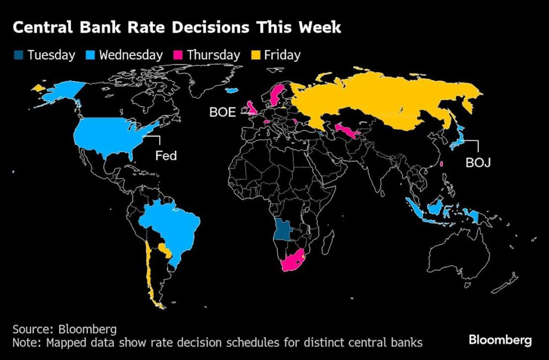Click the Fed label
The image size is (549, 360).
tap(166, 156)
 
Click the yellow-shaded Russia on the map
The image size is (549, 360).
tap(375, 102)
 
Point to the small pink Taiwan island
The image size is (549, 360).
tap(441, 165)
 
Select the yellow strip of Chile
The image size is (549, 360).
tap(150, 274)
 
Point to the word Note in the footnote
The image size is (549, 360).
tap(25, 342)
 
